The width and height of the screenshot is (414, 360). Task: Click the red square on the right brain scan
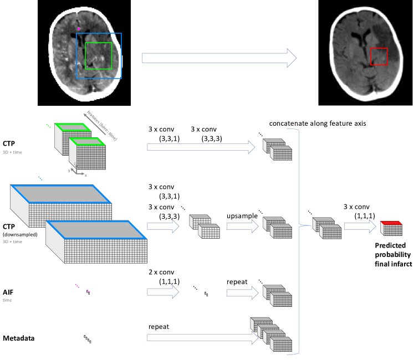[x=379, y=56]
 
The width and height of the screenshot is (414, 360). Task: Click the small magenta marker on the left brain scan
[x=79, y=28]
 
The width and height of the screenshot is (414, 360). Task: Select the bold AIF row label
[x=9, y=292]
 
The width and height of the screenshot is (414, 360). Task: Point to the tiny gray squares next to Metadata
[x=88, y=338]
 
